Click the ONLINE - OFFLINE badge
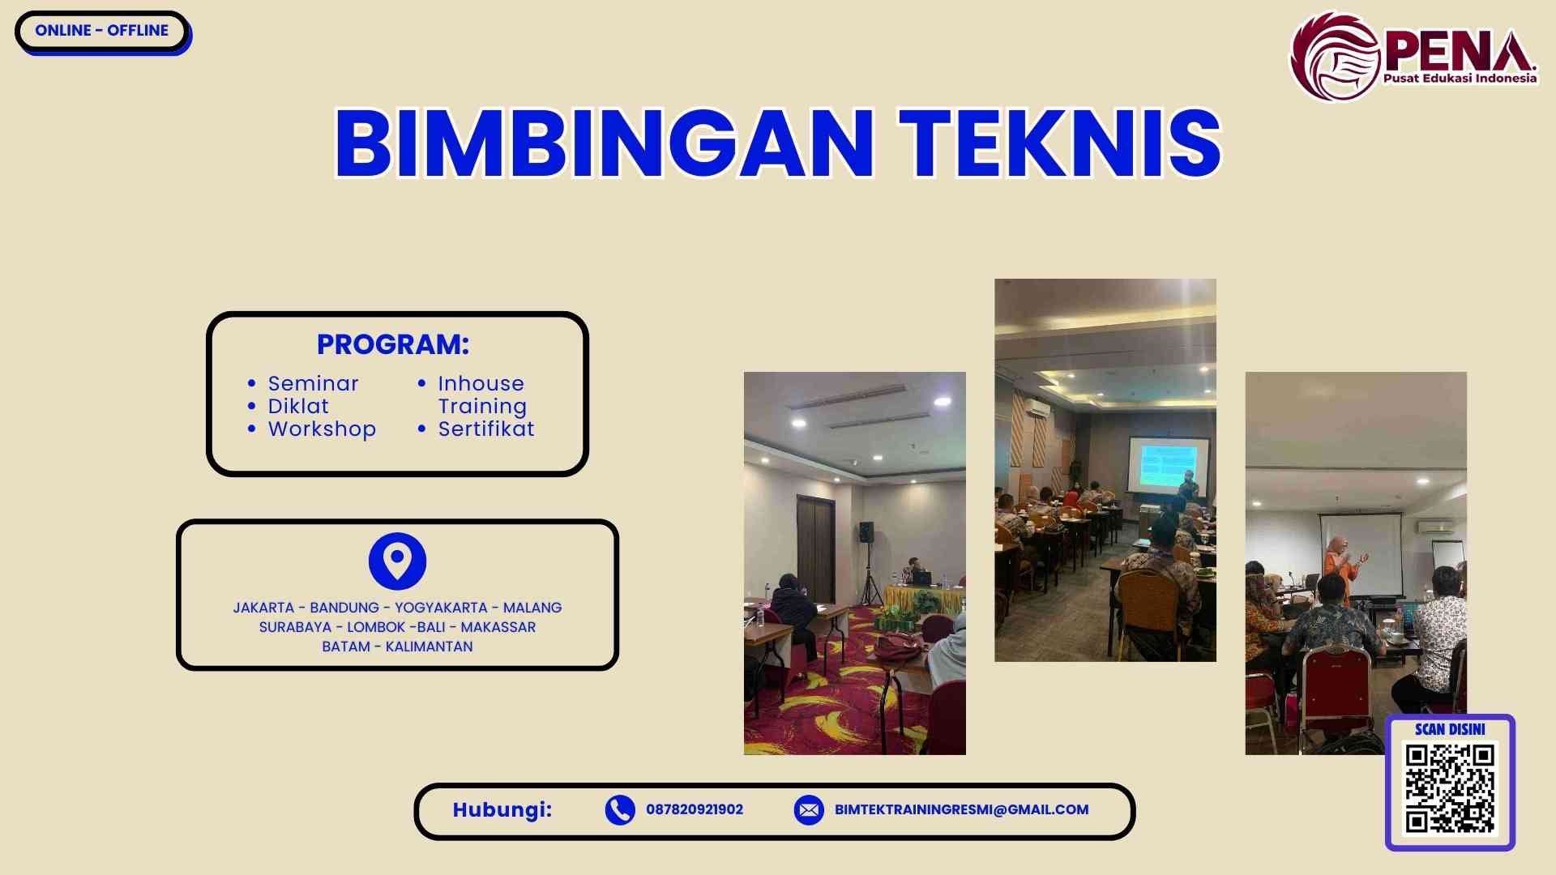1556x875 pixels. pos(102,31)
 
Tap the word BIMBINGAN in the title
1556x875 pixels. pos(604,143)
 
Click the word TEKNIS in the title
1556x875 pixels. pos(1060,143)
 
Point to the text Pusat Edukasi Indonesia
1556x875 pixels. pos(1460,79)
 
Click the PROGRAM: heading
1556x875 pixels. pos(393,344)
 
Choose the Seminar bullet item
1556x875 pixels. pos(313,383)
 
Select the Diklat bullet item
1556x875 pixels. pos(298,406)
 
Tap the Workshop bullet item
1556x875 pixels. pos(322,429)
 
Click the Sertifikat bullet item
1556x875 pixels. pos(486,429)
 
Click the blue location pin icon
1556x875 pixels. pos(397,561)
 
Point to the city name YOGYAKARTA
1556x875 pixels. pos(441,608)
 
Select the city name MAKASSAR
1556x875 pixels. pos(498,627)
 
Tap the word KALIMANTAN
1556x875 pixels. pos(429,647)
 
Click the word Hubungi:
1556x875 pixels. pos(502,809)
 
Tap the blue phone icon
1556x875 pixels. pos(620,809)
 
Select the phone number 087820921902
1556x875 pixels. pos(695,809)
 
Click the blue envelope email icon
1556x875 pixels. pos(809,809)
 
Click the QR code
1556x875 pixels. pos(1450,789)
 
